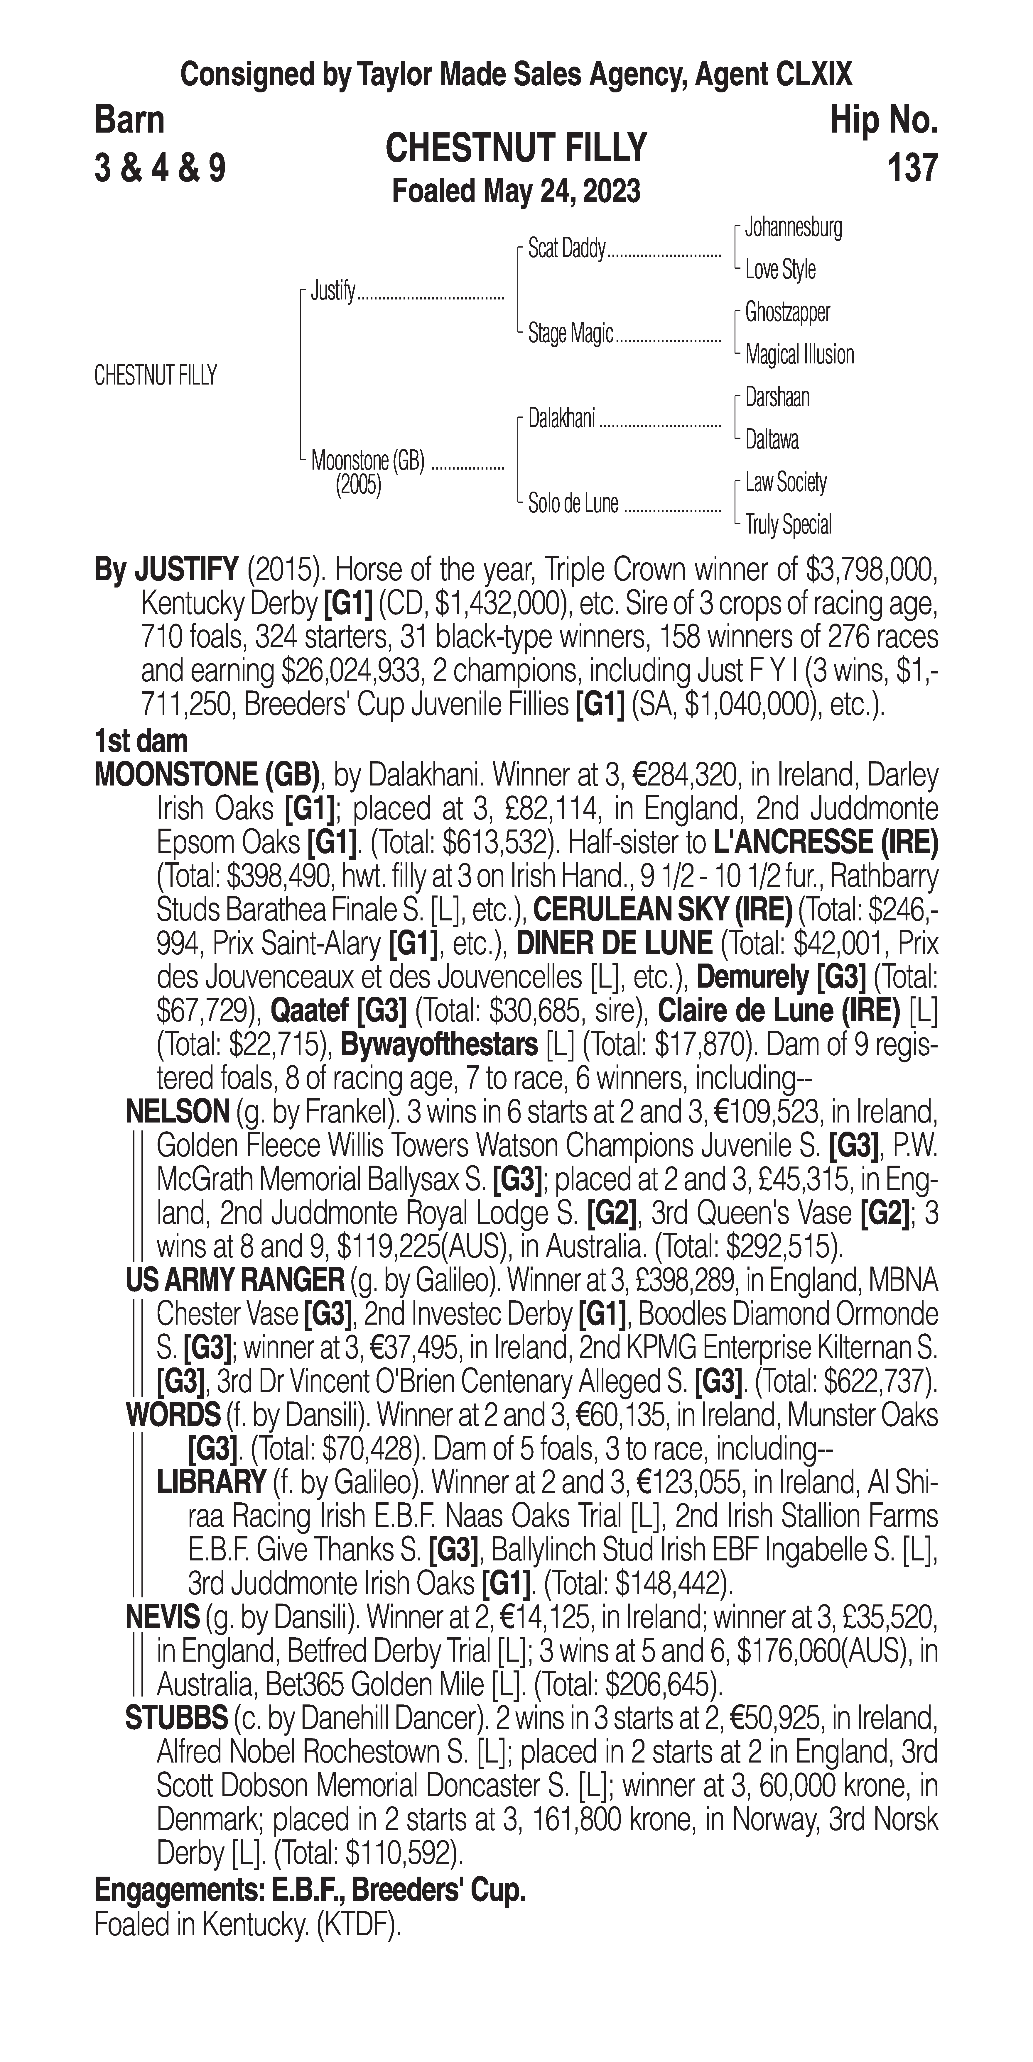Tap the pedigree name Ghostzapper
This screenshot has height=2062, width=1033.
pyautogui.click(x=787, y=312)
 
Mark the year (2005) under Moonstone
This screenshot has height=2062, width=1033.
pyautogui.click(x=358, y=486)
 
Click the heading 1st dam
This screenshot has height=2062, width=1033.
pyautogui.click(x=141, y=741)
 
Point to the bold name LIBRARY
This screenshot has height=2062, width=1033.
pyautogui.click(x=211, y=1482)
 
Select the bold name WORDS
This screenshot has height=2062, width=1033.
pyautogui.click(x=173, y=1415)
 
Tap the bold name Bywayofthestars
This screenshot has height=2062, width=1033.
pyautogui.click(x=439, y=1044)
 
